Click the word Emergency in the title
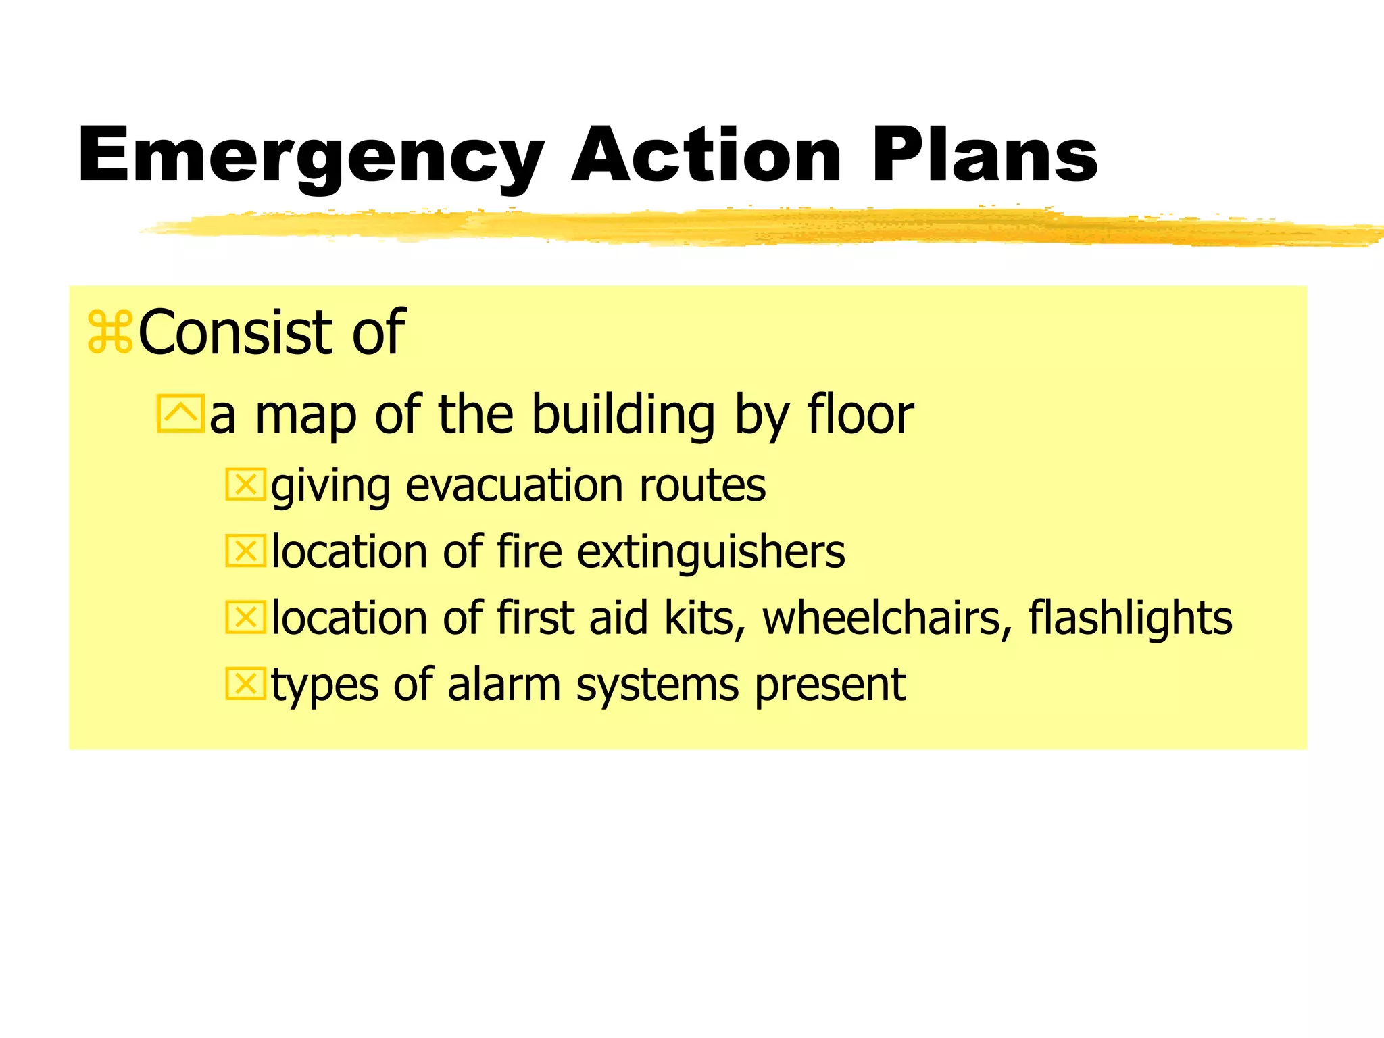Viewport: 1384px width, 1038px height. pos(311,157)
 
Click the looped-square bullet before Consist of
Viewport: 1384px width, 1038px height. pos(110,332)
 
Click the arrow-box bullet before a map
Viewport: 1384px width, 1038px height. pos(180,414)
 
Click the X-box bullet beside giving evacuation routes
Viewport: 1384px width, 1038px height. pos(245,485)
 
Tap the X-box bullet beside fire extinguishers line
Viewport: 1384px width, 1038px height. pos(245,551)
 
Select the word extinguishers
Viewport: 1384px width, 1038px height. pos(711,553)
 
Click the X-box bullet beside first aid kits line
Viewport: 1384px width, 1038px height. pos(245,618)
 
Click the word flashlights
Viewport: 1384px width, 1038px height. pos(1130,619)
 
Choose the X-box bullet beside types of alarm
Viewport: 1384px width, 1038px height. pos(245,684)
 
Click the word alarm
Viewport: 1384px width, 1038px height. pos(503,685)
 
